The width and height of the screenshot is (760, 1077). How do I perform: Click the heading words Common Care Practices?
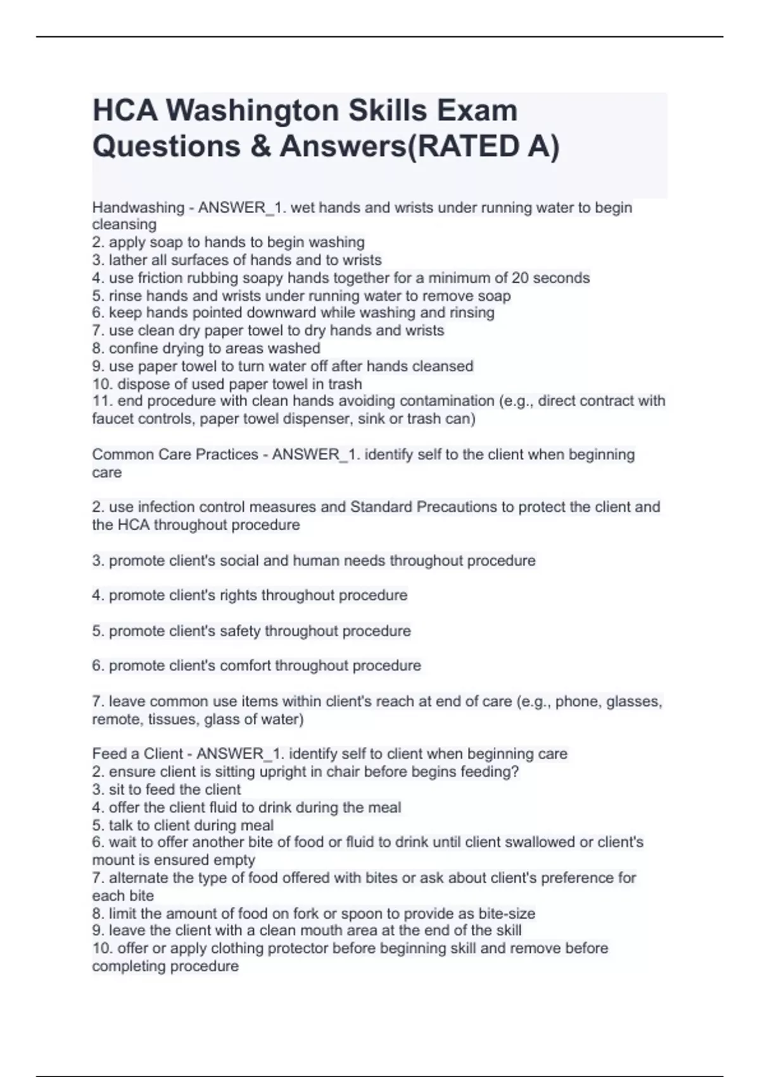tap(175, 454)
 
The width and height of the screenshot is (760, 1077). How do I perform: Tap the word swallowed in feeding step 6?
tap(542, 842)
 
